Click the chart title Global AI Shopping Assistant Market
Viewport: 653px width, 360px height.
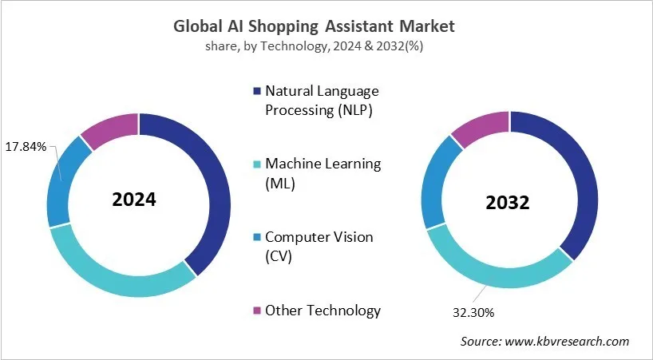[x=314, y=26]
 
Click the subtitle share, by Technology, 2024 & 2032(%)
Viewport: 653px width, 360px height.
[x=314, y=47]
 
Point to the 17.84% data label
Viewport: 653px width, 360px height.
[x=26, y=147]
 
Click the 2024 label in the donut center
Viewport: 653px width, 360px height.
[x=134, y=200]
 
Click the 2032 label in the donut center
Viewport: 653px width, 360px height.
[x=508, y=202]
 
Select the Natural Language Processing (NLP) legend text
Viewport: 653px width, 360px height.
[x=322, y=100]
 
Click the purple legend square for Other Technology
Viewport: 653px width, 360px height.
[x=256, y=311]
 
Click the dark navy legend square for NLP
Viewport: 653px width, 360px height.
[x=256, y=91]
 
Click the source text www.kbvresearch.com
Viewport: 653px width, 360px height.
[x=544, y=341]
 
